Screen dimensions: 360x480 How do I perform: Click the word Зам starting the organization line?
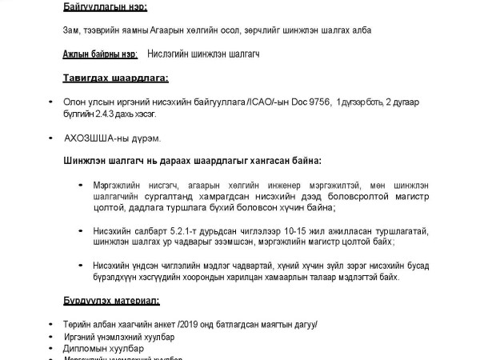(x=71, y=30)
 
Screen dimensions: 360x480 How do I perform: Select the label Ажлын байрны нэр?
(x=100, y=54)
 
